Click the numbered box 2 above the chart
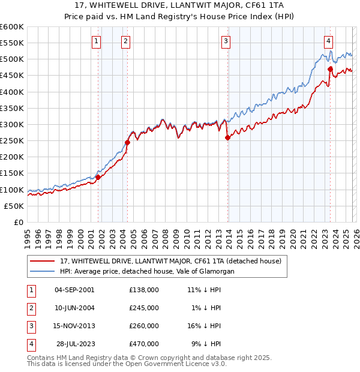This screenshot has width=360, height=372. coord(125,41)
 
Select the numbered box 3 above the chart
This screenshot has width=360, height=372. coord(226,41)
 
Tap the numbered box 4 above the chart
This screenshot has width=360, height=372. coord(329,41)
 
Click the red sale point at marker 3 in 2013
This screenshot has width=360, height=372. coord(227,137)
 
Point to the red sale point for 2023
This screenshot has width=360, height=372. coord(330,69)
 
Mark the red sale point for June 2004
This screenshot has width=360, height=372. coord(127,142)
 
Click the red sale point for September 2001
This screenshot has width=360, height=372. coord(98,177)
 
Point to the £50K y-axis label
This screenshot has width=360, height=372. coord(14,206)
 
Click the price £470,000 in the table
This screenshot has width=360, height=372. coord(144,344)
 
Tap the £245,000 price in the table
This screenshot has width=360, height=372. coord(144,307)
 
